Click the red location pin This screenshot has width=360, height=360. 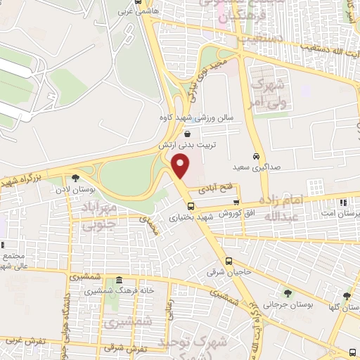click(181, 167)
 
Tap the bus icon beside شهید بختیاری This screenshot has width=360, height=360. click(191, 206)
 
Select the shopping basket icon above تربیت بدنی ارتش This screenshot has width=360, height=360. click(187, 134)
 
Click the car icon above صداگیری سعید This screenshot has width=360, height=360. click(255, 156)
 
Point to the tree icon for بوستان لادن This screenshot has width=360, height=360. click(75, 177)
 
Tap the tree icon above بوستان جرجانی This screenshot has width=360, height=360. click(286, 293)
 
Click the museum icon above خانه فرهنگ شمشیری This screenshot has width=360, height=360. click(119, 280)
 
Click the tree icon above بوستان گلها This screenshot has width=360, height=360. click(347, 296)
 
